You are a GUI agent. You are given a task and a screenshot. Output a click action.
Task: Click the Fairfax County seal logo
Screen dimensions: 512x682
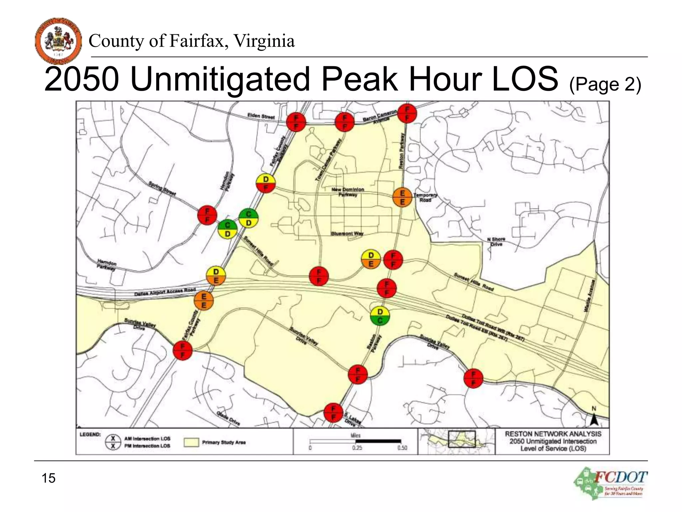coord(58,41)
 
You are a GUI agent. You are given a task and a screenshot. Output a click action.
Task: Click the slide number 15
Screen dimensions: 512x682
coord(49,478)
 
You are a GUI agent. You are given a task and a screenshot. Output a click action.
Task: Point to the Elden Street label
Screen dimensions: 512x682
coord(261,116)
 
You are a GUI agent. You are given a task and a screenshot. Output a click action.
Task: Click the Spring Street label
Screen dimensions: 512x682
coord(162,188)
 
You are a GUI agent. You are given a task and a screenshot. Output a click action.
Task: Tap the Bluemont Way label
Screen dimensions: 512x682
coord(347,234)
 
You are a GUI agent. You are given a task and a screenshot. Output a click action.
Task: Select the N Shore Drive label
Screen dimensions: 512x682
coord(496,242)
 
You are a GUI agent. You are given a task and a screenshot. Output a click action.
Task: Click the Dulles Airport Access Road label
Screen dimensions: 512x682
coord(165,292)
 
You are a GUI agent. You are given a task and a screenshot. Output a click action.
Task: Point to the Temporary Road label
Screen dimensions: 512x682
coord(425,197)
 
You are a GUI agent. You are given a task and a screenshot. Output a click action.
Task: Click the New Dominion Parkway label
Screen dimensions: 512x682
coord(348,192)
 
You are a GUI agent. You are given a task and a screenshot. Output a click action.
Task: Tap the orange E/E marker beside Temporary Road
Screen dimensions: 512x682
coord(402,197)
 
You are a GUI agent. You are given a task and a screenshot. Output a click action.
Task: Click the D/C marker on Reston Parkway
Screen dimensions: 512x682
coord(380,316)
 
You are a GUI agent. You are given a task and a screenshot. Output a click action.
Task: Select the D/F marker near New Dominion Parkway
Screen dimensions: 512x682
coord(265,183)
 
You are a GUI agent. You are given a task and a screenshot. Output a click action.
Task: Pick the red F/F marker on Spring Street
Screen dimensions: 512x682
coord(207,215)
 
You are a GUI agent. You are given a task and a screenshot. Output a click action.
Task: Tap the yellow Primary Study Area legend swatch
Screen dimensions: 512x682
coord(191,442)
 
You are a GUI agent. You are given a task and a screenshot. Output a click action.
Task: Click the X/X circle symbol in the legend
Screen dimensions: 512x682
coord(113,442)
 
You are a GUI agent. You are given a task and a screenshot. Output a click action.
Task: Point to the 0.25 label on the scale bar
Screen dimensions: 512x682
coord(357,448)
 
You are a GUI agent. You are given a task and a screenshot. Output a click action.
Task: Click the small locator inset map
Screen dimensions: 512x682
coord(456,441)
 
